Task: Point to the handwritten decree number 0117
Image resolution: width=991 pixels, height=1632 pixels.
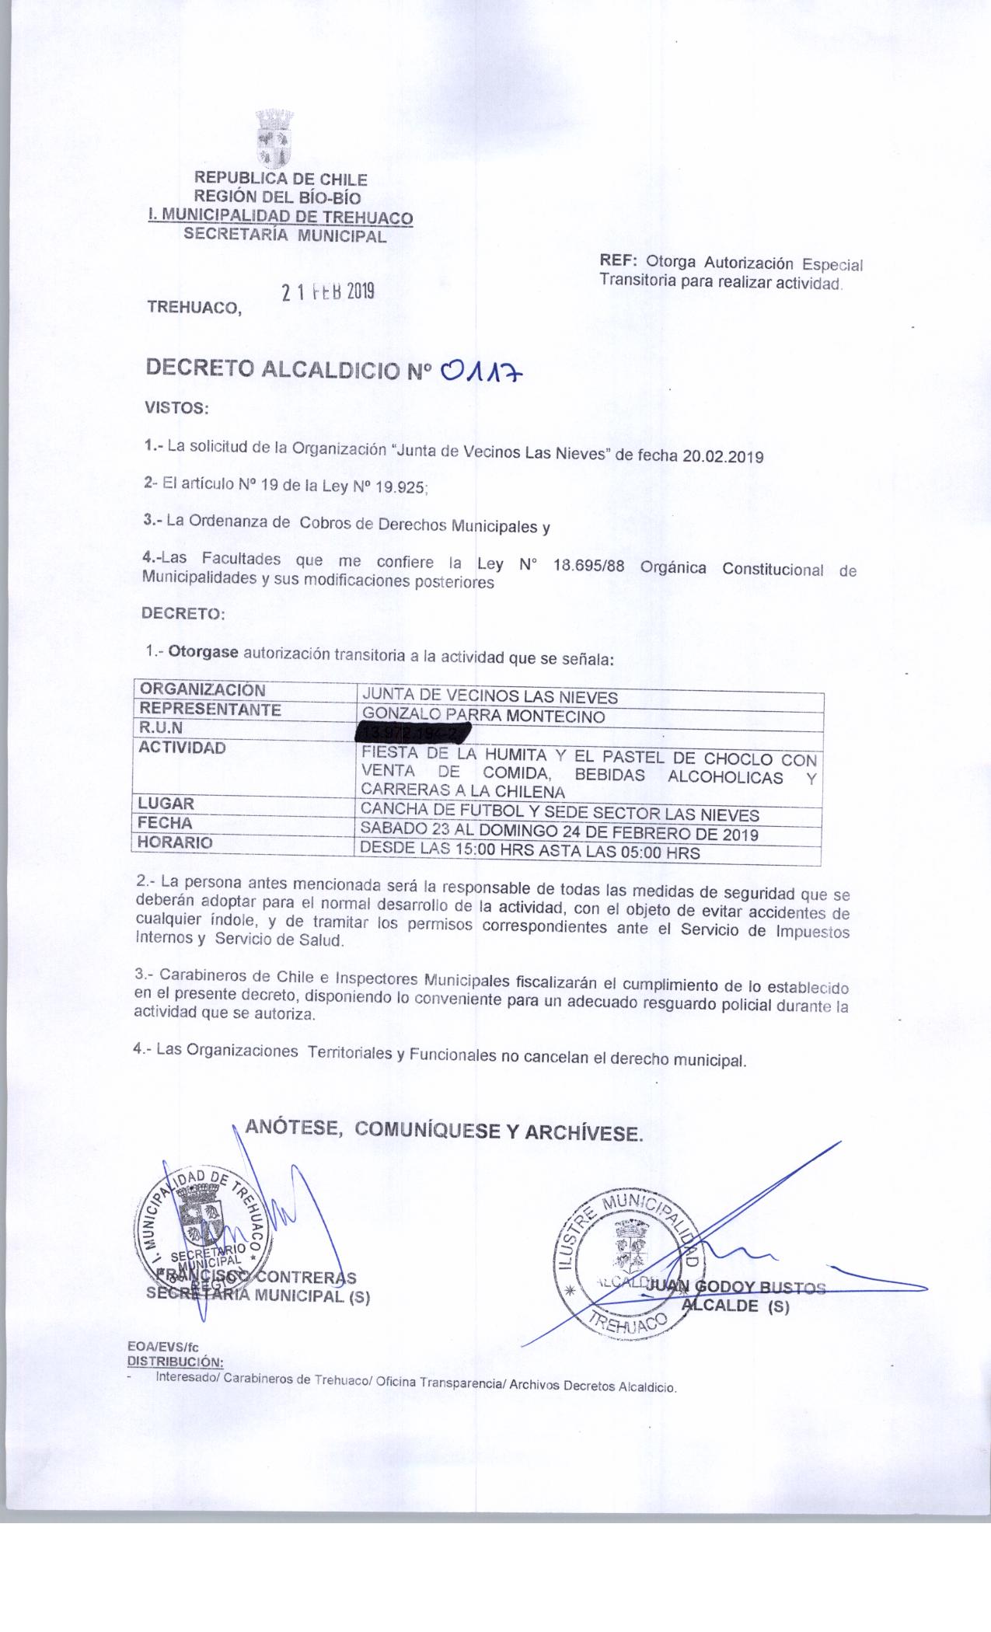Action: pyautogui.click(x=483, y=373)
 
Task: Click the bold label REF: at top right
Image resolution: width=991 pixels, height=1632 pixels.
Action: pyautogui.click(x=618, y=262)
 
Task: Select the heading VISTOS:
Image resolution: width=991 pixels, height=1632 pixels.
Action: pyautogui.click(x=176, y=407)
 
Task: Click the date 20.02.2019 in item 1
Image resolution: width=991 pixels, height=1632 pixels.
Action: pyautogui.click(x=723, y=457)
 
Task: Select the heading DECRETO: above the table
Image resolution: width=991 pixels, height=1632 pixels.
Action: pyautogui.click(x=183, y=613)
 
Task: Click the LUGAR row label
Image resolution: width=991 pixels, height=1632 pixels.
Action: pyautogui.click(x=166, y=804)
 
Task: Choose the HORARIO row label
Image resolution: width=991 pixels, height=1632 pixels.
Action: pyautogui.click(x=176, y=842)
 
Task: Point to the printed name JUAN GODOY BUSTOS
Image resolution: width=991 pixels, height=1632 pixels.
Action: pyautogui.click(x=735, y=1288)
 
